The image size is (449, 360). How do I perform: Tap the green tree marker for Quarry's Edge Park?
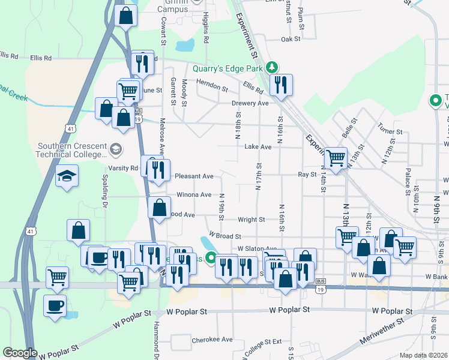pyautogui.click(x=272, y=67)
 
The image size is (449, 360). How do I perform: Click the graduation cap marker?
pyautogui.click(x=67, y=176)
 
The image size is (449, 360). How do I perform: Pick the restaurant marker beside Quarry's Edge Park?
pyautogui.click(x=280, y=85)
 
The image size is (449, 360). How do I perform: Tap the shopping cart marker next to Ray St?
pyautogui.click(x=336, y=158)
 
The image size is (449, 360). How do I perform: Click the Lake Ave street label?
pyautogui.click(x=258, y=146)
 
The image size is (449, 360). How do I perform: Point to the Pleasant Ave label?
pyautogui.click(x=194, y=176)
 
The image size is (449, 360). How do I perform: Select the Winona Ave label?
pyautogui.click(x=193, y=195)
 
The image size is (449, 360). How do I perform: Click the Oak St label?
pyautogui.click(x=291, y=40)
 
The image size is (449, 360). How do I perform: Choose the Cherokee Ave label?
pyautogui.click(x=212, y=340)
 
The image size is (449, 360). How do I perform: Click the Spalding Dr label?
pyautogui.click(x=104, y=196)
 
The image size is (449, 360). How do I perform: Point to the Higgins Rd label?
pyautogui.click(x=205, y=27)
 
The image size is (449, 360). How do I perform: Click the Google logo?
pyautogui.click(x=20, y=353)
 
